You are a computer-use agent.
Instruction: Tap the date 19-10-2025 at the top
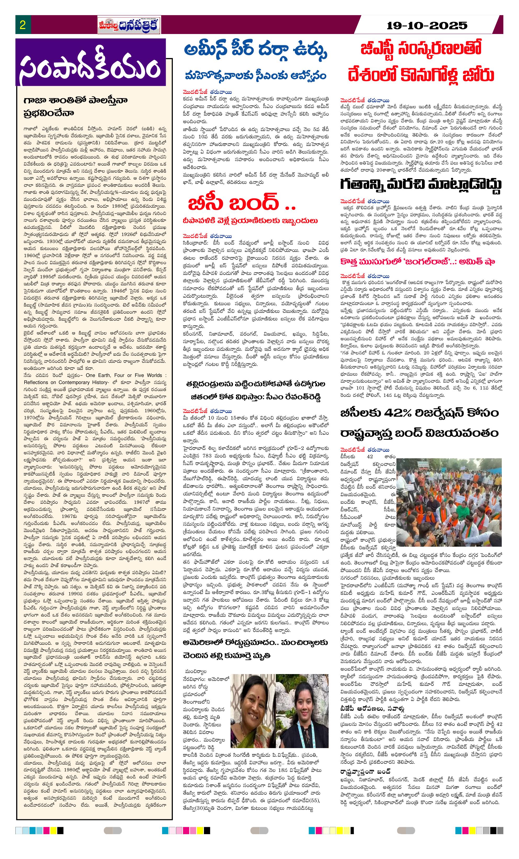tap(427, 25)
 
